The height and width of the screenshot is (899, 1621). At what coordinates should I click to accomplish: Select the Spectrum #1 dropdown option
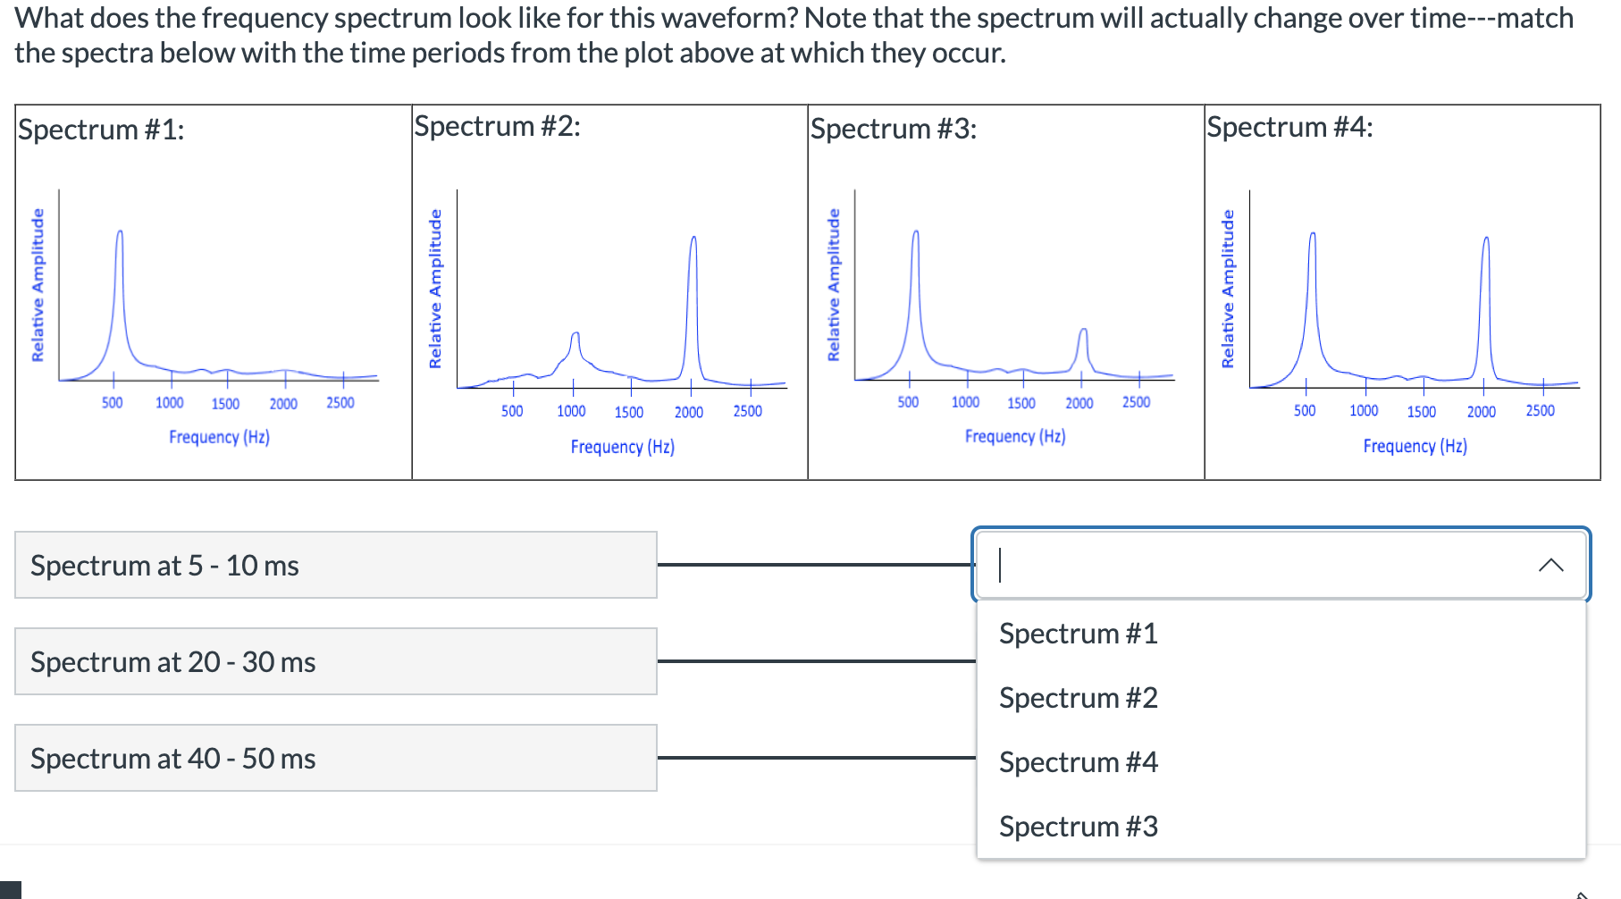[x=1078, y=634]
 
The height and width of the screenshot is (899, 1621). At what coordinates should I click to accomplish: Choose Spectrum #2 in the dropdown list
[x=1078, y=698]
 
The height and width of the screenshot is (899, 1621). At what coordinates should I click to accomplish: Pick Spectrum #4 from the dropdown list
[x=1078, y=762]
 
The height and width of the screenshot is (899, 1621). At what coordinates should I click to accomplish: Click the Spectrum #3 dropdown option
[x=1078, y=827]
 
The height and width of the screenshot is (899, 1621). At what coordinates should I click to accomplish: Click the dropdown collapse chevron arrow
[x=1551, y=565]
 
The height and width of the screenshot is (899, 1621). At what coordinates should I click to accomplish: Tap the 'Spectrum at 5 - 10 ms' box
[x=335, y=565]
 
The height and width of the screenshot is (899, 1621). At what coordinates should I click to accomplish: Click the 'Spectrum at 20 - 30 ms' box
[x=335, y=661]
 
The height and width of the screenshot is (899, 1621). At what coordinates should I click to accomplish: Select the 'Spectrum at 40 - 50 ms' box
[x=335, y=758]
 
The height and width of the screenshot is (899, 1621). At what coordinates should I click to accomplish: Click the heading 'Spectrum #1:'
[x=101, y=130]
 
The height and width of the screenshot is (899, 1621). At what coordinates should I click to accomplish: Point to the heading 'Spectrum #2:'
[x=497, y=126]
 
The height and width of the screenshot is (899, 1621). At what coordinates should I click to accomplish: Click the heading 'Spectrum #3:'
[x=894, y=129]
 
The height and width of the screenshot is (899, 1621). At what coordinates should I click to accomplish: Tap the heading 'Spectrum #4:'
[x=1289, y=127]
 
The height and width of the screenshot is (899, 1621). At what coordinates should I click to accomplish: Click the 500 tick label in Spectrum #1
[x=112, y=403]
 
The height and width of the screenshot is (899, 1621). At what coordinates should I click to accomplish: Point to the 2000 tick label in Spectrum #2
[x=688, y=412]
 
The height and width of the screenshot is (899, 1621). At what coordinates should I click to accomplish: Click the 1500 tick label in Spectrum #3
[x=1021, y=403]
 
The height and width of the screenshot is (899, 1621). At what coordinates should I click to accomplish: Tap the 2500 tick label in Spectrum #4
[x=1540, y=411]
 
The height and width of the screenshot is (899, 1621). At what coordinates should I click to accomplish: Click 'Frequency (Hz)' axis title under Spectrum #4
[x=1415, y=446]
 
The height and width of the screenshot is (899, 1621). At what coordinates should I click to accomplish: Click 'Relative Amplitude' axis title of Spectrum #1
[x=38, y=284]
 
